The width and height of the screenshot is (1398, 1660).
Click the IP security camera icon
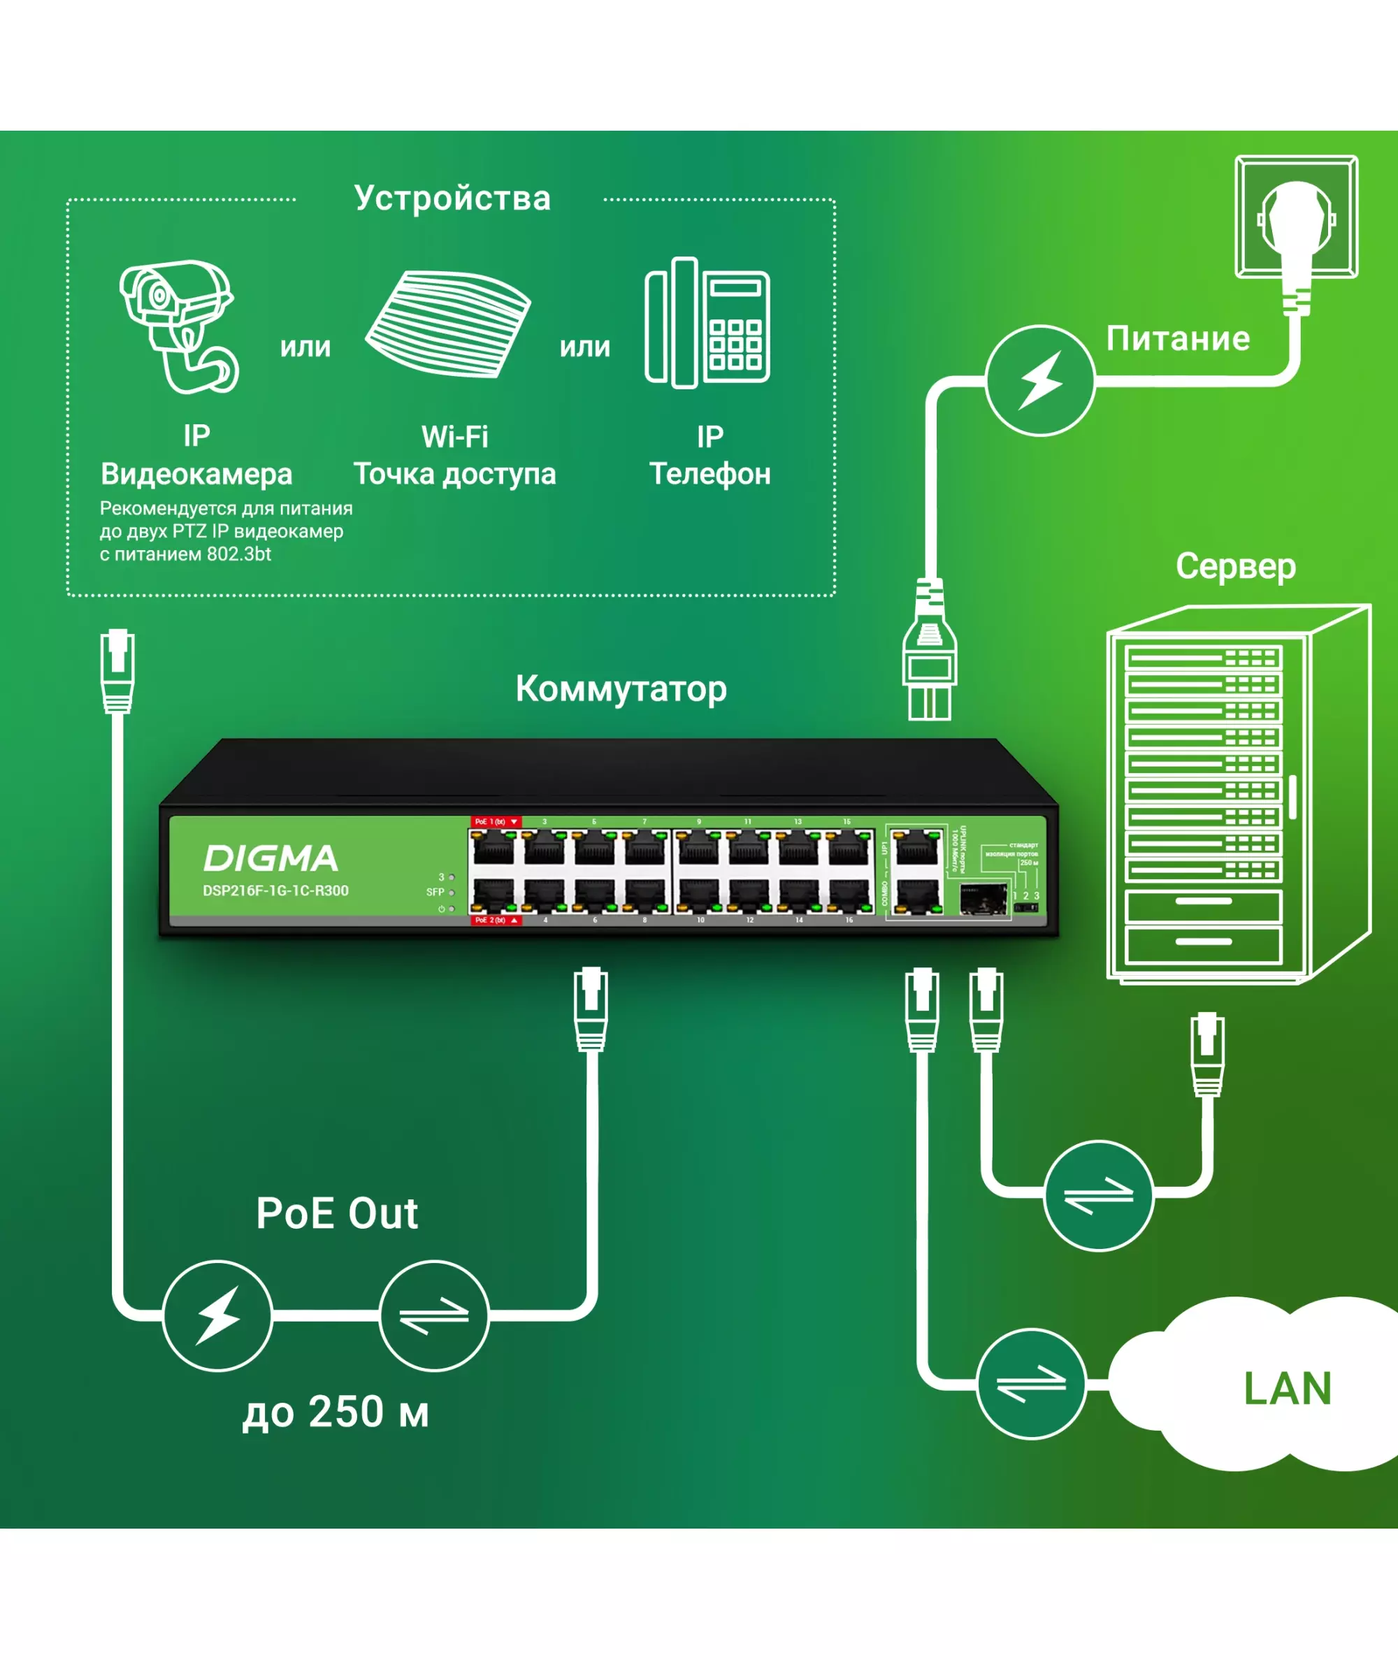179,325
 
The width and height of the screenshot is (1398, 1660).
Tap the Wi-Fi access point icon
448,324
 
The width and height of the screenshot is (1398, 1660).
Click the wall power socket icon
1297,218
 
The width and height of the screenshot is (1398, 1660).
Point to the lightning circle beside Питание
1041,380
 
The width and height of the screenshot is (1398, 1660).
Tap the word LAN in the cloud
1287,1388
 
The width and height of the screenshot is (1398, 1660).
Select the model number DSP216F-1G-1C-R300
276,890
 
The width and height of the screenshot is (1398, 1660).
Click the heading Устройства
452,198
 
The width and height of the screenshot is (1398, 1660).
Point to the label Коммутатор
621,688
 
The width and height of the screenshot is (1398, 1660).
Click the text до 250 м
336,1412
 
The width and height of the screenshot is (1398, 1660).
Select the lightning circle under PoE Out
217,1316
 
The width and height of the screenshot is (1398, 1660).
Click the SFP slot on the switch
983,900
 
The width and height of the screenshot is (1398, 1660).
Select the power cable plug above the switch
930,650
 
